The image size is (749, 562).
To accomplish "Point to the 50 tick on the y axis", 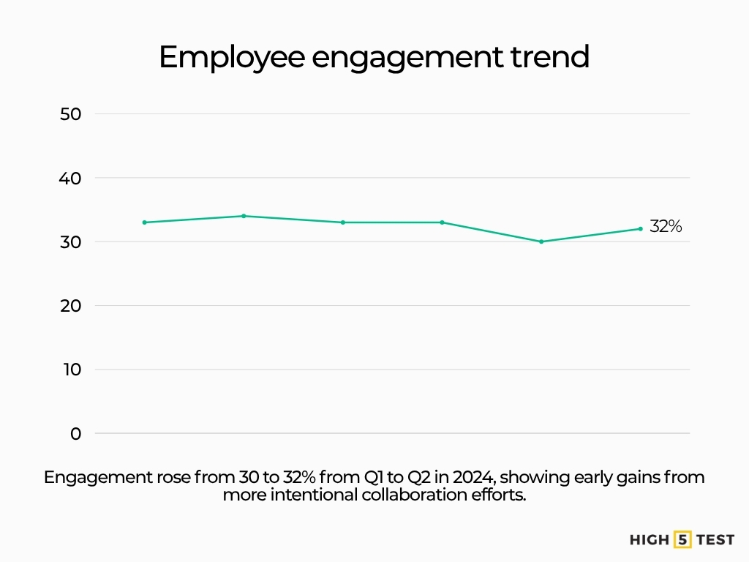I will click(72, 114).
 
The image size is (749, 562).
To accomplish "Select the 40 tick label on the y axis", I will click(72, 178).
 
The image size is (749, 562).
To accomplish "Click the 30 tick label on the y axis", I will click(72, 241).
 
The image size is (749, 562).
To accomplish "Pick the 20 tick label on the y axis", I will click(72, 306).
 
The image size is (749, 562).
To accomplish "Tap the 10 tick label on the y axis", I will click(72, 370).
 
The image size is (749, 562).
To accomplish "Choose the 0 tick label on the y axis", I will click(76, 433).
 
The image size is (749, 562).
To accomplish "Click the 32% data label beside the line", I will click(666, 227).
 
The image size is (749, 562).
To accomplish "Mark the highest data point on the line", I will click(244, 216).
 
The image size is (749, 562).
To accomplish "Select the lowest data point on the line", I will click(541, 241).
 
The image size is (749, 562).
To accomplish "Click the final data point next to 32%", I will click(640, 229).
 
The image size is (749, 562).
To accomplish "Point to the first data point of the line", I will click(145, 222).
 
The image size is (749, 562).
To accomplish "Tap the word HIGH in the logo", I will click(649, 540).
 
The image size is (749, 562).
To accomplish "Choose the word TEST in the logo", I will click(715, 540).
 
